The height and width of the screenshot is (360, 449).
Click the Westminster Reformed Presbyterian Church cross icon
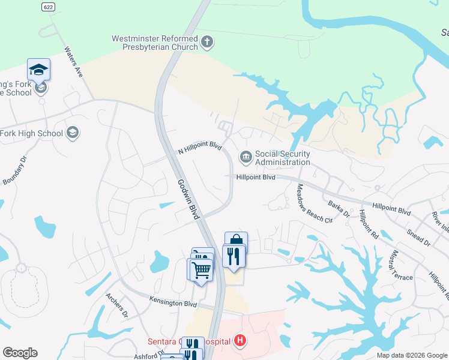(x=208, y=43)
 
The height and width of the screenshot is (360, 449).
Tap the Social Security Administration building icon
(x=246, y=158)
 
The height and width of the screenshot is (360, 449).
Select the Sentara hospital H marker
(x=240, y=341)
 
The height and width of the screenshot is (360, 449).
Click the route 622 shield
(x=49, y=7)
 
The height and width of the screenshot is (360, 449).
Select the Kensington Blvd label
(x=173, y=304)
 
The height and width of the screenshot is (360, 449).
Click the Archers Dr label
(x=117, y=305)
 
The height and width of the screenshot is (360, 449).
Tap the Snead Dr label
(x=418, y=237)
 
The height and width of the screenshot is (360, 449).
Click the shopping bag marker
(x=236, y=241)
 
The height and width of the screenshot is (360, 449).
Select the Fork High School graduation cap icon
(x=73, y=133)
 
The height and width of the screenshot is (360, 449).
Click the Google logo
(x=20, y=353)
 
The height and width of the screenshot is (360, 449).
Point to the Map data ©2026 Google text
(x=412, y=355)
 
